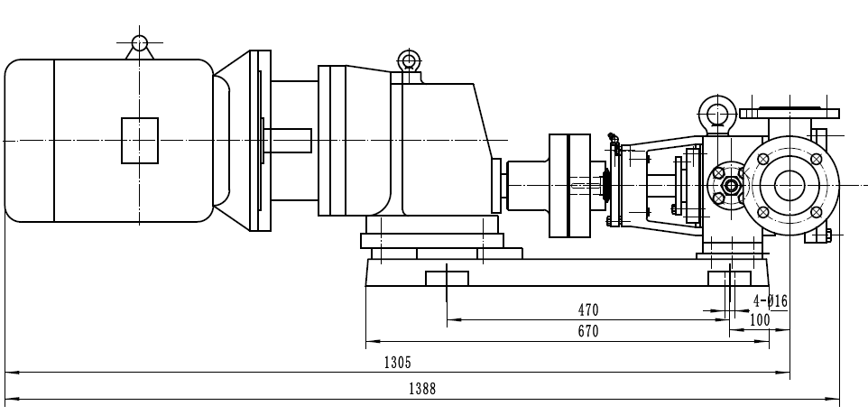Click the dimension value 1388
click(421, 389)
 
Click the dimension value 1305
click(397, 363)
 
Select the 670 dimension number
click(587, 332)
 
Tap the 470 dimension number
click(587, 309)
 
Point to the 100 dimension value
click(760, 319)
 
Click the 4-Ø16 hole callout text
click(770, 300)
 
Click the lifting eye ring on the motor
click(139, 42)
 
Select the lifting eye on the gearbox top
click(408, 61)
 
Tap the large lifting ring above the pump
click(718, 115)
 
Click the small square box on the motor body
click(140, 140)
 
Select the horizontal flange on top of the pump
click(789, 114)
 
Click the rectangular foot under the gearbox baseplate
click(448, 275)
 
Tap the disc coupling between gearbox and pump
click(568, 185)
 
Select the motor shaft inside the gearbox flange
click(287, 141)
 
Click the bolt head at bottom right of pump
click(825, 236)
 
